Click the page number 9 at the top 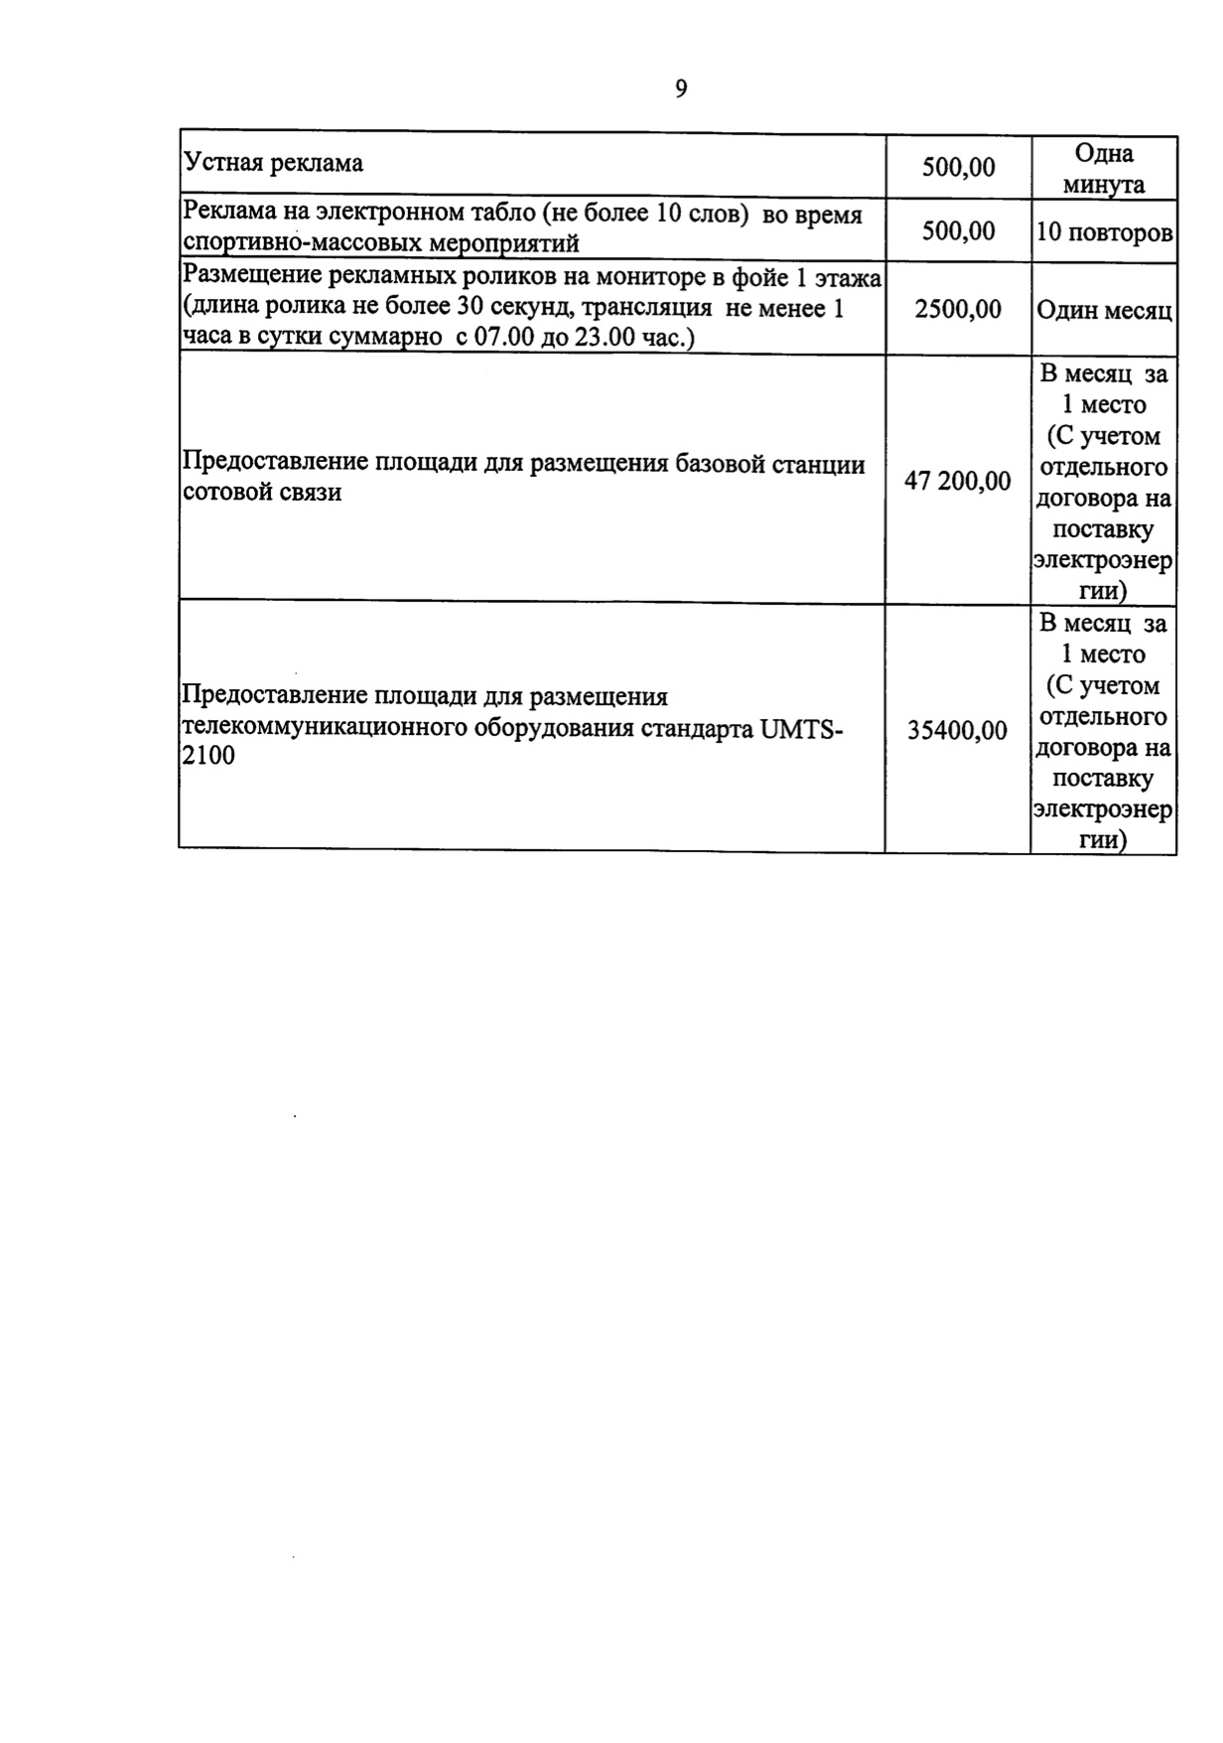pyautogui.click(x=680, y=89)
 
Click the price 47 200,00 pyautogui.click(x=957, y=482)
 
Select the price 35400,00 pyautogui.click(x=957, y=731)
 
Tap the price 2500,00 pyautogui.click(x=957, y=310)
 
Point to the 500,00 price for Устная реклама pyautogui.click(x=957, y=167)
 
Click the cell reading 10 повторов pyautogui.click(x=1104, y=232)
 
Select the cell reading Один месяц pyautogui.click(x=1104, y=311)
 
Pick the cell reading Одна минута pyautogui.click(x=1104, y=169)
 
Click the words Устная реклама pyautogui.click(x=274, y=163)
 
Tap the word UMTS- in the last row pyautogui.click(x=801, y=728)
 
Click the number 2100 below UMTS pyautogui.click(x=208, y=757)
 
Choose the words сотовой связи pyautogui.click(x=263, y=493)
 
